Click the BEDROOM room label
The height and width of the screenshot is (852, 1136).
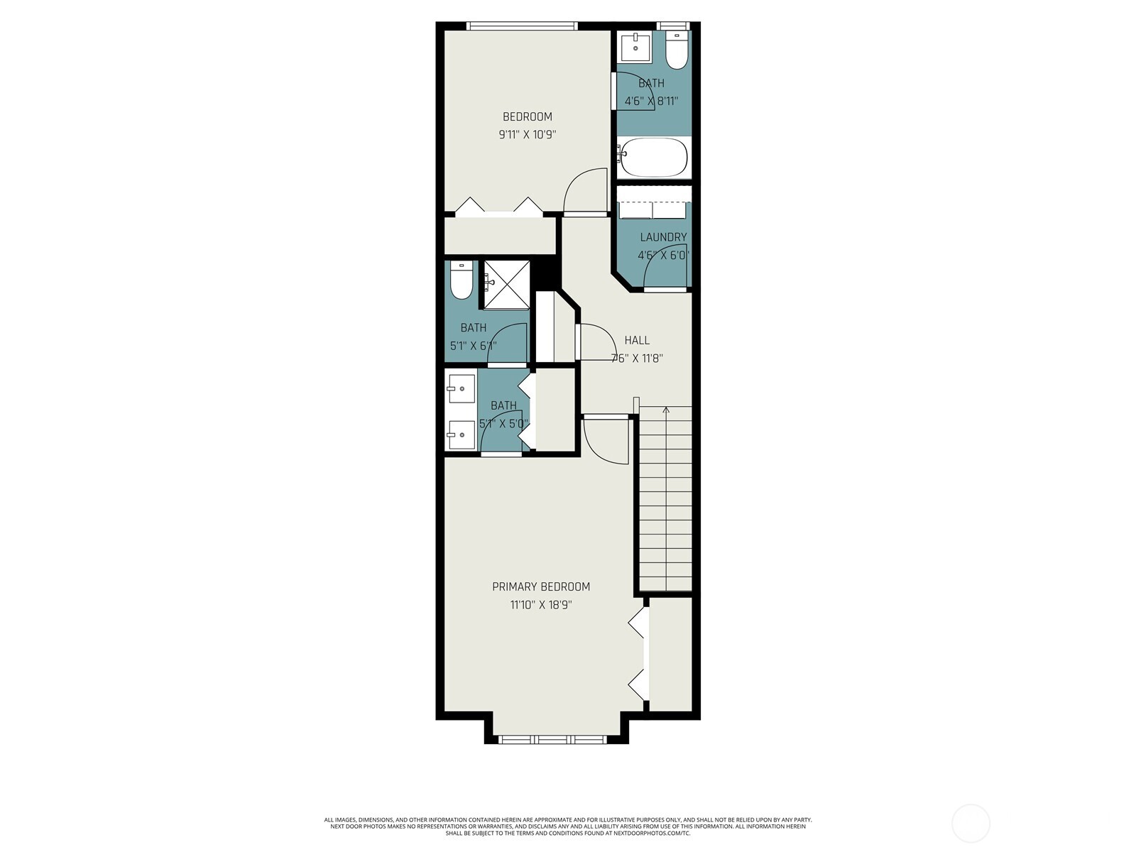pos(527,116)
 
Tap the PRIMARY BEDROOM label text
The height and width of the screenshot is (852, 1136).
pos(541,586)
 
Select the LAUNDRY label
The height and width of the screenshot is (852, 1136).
pos(663,237)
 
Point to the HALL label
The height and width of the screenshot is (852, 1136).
pos(637,340)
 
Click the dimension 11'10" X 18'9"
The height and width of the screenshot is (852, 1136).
pos(541,605)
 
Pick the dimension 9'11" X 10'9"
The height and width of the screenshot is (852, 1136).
pos(527,134)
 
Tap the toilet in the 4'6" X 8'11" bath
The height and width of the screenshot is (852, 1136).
pos(677,50)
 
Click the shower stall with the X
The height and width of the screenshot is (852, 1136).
pos(507,284)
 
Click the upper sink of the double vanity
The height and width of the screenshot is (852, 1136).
pos(461,389)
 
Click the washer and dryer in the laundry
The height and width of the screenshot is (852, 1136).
pos(653,210)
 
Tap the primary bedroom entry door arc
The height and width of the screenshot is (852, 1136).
pos(606,441)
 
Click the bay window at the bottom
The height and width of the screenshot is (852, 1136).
pos(553,739)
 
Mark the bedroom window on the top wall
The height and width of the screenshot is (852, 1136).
pos(522,26)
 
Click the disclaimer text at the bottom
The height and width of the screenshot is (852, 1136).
pos(568,826)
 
